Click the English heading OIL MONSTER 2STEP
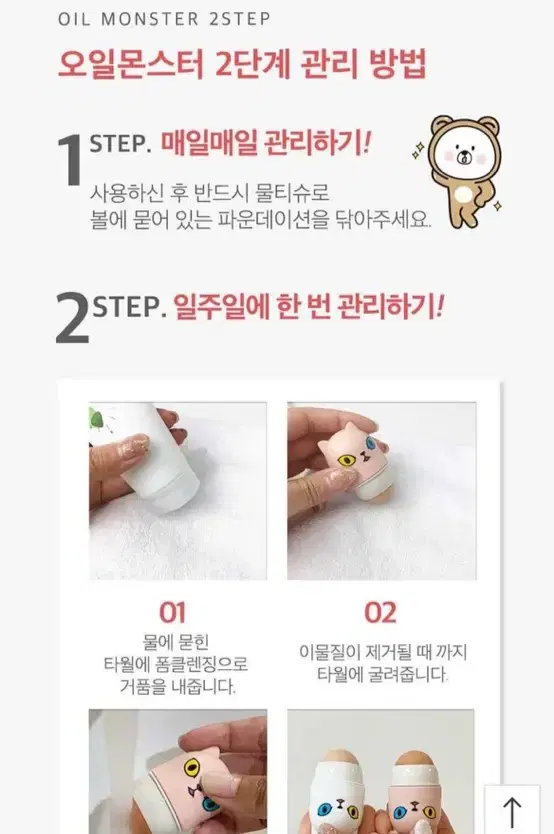tap(164, 19)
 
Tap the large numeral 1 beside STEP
tap(70, 159)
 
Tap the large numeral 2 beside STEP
tap(72, 318)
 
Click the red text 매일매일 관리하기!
tap(266, 143)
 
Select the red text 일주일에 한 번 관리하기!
tap(308, 306)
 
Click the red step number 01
tap(172, 613)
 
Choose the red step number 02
tap(380, 613)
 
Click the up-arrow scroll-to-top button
tap(512, 810)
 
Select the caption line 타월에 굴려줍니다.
tap(382, 674)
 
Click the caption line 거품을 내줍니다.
tap(178, 687)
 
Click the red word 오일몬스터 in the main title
tap(131, 65)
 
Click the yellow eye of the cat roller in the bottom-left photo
tap(192, 768)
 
